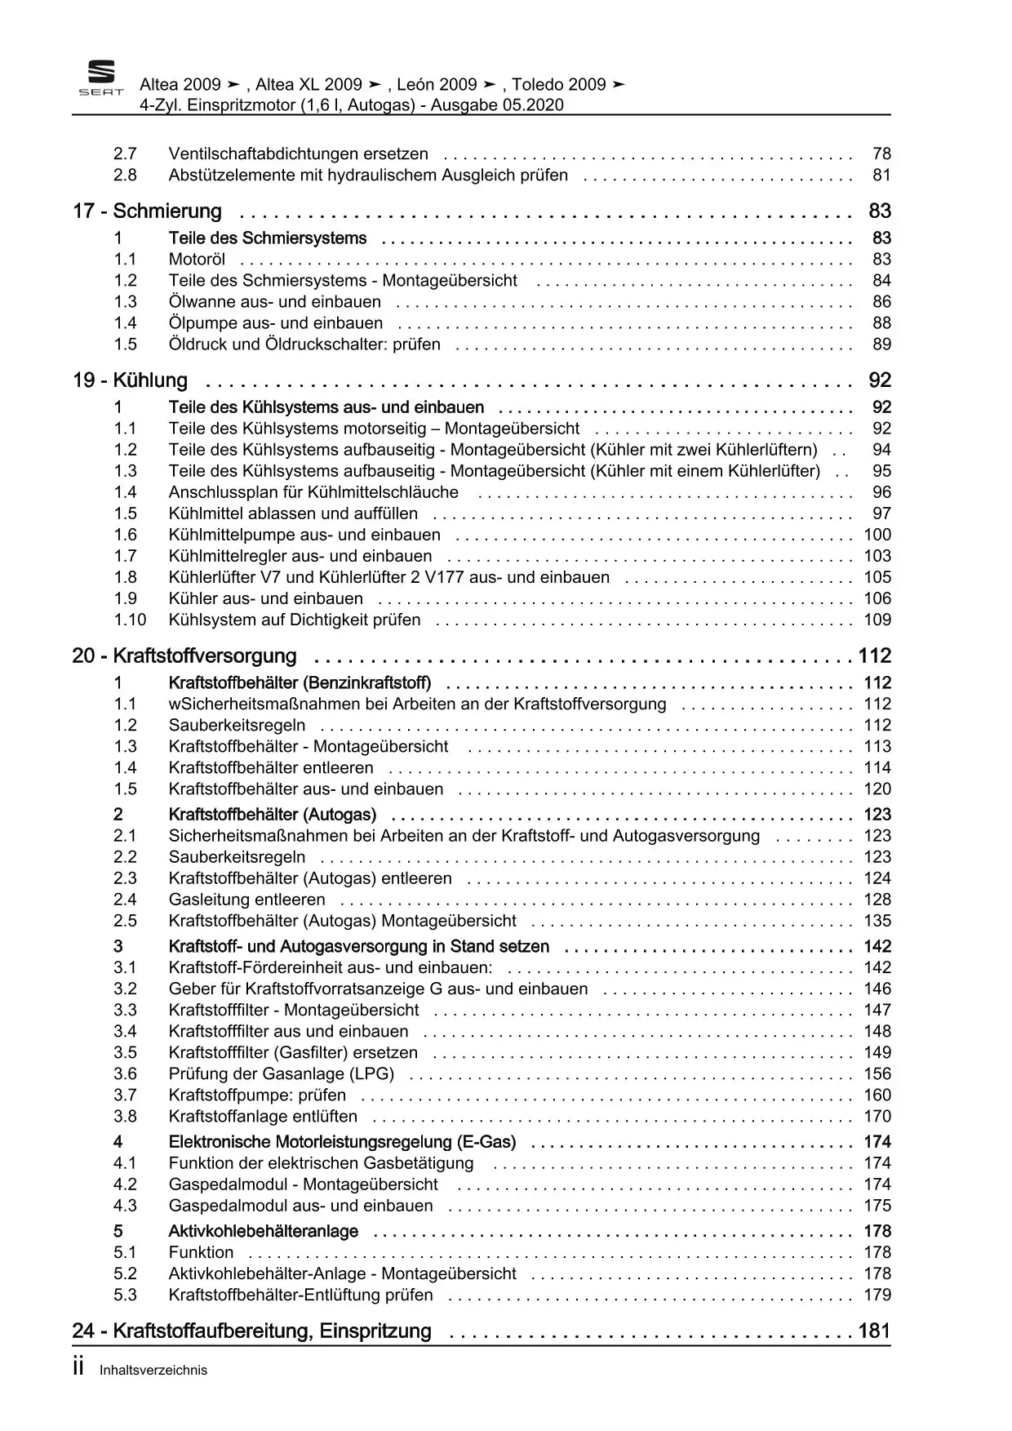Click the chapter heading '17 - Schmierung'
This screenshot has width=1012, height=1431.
click(147, 211)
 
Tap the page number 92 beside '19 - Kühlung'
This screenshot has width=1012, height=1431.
click(880, 380)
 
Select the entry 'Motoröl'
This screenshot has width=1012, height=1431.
click(197, 260)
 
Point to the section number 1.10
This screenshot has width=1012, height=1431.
click(130, 620)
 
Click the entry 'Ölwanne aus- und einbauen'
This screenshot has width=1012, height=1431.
click(274, 302)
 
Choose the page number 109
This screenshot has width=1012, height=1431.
click(877, 620)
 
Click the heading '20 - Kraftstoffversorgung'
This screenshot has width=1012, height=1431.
click(184, 656)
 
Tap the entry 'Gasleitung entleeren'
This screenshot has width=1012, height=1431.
click(246, 900)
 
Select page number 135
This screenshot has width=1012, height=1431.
click(877, 921)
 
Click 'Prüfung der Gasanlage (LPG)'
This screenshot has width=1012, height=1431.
click(281, 1074)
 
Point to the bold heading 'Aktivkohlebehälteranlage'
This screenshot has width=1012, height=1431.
click(263, 1231)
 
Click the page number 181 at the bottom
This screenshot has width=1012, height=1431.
click(874, 1331)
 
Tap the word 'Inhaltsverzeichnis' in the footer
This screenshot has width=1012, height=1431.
click(153, 1371)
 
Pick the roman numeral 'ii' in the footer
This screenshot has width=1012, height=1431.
click(79, 1369)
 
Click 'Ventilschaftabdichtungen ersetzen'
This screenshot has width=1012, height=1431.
click(298, 153)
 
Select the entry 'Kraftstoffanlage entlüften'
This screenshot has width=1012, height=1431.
click(263, 1117)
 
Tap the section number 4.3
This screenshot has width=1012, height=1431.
click(125, 1206)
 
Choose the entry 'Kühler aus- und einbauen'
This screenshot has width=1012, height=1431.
click(265, 598)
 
